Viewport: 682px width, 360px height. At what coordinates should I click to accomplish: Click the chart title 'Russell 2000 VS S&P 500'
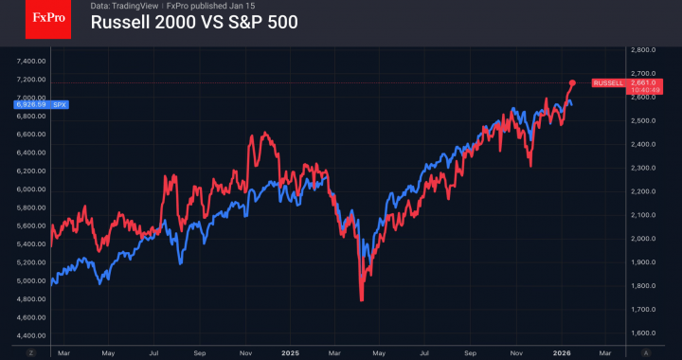coord(194,23)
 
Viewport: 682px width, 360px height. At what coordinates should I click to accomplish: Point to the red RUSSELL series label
coord(609,83)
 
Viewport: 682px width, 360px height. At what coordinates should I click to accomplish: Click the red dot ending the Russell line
coord(572,82)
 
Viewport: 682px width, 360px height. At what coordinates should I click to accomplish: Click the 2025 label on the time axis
coord(290,351)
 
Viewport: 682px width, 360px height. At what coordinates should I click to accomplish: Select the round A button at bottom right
coord(646,351)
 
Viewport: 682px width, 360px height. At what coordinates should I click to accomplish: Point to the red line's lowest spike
coord(362,300)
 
